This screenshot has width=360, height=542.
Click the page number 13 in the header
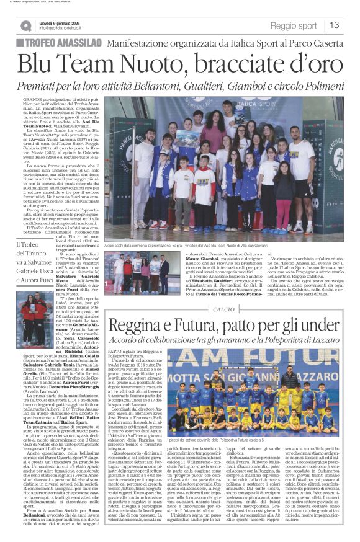point(335,25)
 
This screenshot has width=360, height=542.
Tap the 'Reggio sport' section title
point(293,25)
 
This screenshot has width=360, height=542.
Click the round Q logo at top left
point(26,25)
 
